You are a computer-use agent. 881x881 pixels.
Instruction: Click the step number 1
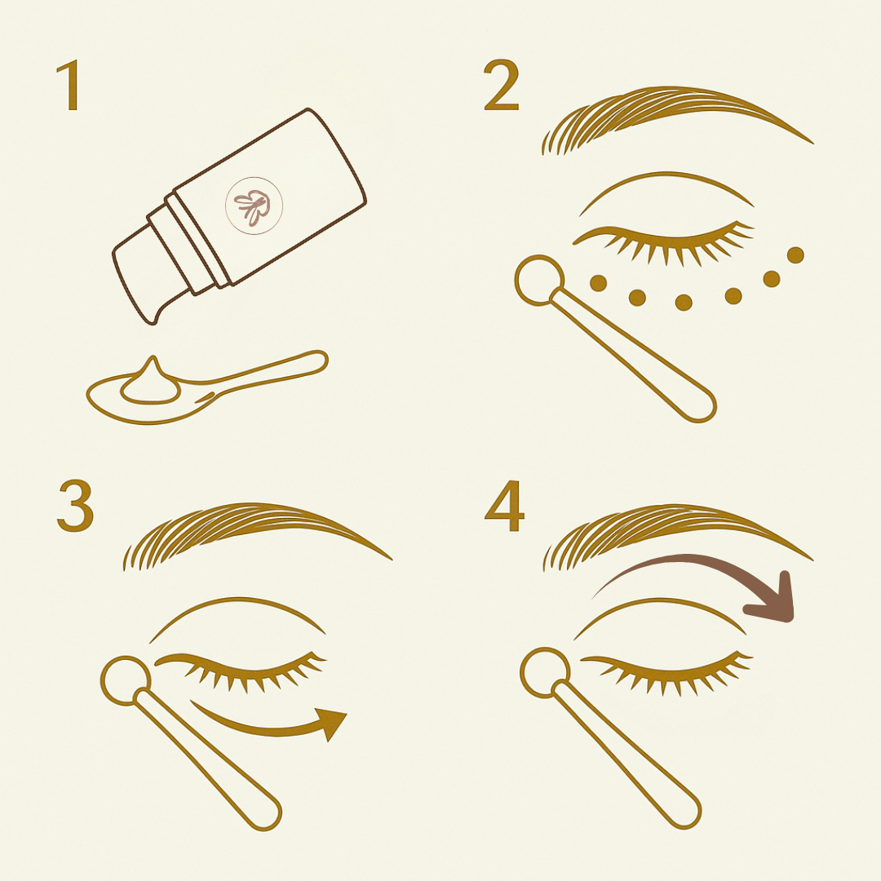pos(69,86)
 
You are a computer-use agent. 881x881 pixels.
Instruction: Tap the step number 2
pos(501,86)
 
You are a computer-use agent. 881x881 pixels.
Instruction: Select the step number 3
pos(75,507)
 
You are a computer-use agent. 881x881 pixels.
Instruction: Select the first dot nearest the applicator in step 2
pos(598,282)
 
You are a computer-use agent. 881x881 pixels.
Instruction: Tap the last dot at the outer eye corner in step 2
pos(795,255)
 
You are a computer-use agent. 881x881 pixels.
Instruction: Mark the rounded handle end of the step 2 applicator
pos(697,406)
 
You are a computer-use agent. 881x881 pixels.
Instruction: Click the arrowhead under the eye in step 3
pos(330,722)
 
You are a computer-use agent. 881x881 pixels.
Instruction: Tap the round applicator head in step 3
pos(125,679)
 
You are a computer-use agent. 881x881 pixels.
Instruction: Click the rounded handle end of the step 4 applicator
pos(684,811)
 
